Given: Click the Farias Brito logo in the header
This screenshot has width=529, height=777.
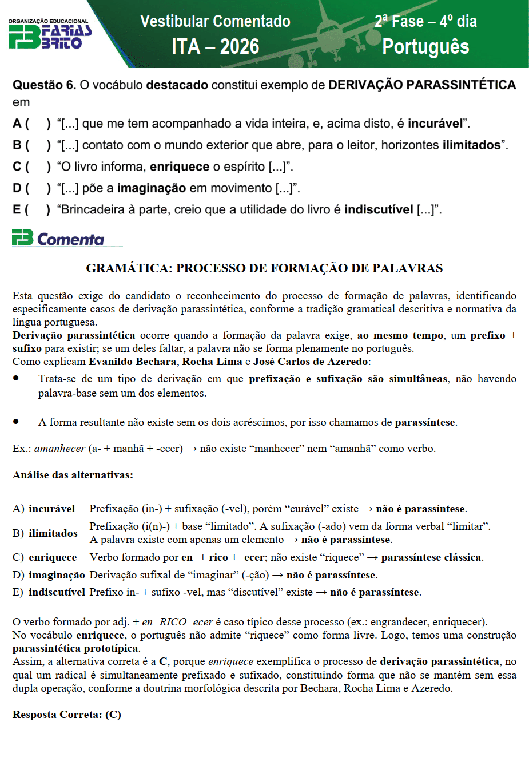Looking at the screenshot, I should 49,35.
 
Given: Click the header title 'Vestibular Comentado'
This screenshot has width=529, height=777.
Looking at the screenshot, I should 215,21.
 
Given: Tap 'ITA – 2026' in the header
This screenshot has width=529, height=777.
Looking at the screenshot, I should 215,46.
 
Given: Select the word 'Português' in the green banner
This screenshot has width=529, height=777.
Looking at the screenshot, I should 425,46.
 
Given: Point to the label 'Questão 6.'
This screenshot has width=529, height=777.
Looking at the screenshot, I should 44,85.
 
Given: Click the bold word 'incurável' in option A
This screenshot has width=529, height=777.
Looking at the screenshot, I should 435,124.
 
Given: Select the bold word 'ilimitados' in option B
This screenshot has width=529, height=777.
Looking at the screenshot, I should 471,145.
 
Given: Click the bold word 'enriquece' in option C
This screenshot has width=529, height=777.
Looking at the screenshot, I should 180,166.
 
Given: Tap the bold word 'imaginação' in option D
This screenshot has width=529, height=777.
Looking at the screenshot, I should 152,188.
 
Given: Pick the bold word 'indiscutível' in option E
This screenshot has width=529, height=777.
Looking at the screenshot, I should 379,209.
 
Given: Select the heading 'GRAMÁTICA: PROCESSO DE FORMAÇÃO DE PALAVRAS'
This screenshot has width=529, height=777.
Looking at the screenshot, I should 264,268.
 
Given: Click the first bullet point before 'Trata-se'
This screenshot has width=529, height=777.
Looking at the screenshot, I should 17,378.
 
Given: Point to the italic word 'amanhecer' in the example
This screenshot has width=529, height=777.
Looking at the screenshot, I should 59,449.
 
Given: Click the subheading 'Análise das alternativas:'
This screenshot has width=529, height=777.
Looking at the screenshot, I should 73,475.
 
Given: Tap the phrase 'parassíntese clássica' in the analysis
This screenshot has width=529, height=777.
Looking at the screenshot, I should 431,557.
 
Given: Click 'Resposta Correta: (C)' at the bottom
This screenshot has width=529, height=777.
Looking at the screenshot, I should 67,715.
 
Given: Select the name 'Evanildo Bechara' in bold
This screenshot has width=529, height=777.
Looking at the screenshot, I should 132,362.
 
